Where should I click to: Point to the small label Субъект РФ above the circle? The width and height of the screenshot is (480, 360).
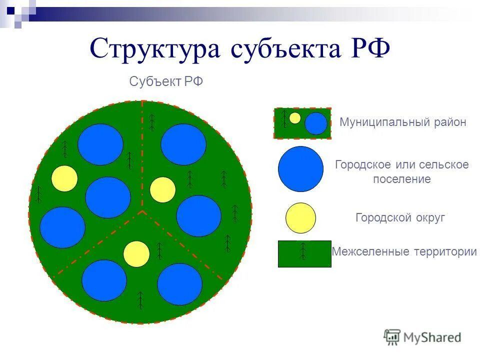166,81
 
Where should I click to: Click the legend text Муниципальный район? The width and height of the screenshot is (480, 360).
403,122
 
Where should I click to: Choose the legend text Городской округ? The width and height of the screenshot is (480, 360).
400,218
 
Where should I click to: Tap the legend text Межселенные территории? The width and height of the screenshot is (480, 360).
404,251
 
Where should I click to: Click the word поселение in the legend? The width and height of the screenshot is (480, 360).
401,179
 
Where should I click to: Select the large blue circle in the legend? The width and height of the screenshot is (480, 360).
300,169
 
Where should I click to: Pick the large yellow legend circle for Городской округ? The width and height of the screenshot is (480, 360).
300,218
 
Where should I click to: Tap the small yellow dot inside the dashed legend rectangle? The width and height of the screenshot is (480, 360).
295,118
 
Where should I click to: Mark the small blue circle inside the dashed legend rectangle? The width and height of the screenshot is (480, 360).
315,123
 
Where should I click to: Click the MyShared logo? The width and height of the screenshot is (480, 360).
422,337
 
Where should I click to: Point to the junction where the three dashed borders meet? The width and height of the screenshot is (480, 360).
142,210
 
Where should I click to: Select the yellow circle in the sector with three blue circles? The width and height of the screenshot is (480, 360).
64,178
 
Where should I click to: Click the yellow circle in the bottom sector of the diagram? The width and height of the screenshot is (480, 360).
136,254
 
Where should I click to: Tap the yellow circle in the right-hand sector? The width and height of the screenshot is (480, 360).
162,189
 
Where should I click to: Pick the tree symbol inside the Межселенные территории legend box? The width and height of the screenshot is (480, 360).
302,250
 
